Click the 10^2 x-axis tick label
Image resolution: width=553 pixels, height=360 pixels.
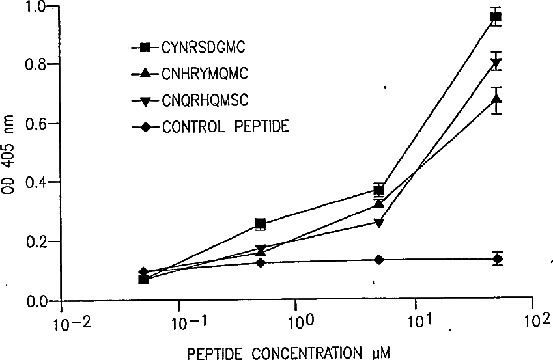535,322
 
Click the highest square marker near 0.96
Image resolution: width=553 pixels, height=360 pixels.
496,18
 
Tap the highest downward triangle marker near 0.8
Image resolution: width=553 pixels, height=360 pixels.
496,63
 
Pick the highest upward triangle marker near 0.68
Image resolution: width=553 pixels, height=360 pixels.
496,100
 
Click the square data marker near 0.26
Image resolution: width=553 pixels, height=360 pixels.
260,225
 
